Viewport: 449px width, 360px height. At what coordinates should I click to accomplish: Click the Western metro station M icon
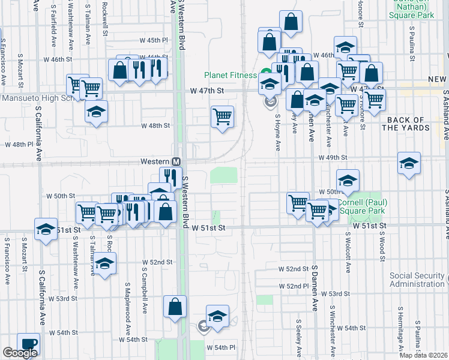177,162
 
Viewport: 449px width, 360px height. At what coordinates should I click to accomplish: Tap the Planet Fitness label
231,76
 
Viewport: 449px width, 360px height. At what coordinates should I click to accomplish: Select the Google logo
20,353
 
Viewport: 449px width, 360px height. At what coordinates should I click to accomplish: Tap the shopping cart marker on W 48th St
222,116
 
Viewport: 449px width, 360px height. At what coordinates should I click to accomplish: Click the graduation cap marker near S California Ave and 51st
46,230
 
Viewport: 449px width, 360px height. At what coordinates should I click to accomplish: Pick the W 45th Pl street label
158,40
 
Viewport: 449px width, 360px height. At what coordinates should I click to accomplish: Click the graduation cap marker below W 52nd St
104,264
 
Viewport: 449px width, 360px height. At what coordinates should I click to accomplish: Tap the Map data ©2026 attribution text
423,355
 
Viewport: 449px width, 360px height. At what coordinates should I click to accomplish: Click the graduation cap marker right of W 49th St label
409,163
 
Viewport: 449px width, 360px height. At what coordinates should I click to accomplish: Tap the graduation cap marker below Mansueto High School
95,112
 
